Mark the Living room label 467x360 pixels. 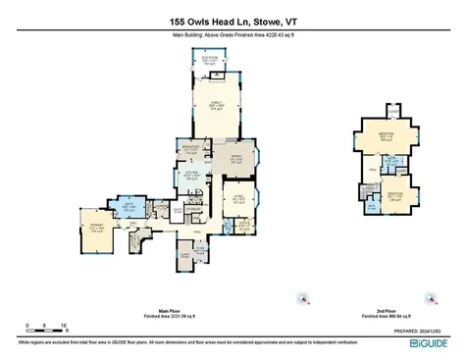point(238,202)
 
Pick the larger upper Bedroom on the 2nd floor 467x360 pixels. point(388,136)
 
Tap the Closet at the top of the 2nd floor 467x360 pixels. point(389,110)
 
